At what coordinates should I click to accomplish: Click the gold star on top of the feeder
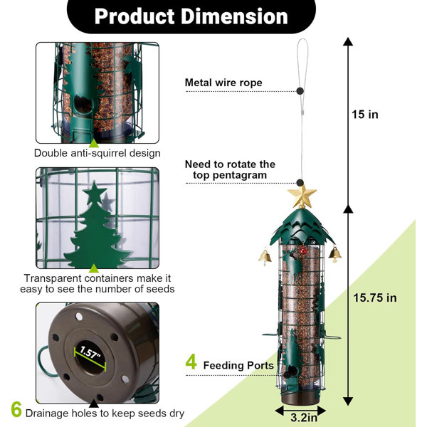[x=302, y=196]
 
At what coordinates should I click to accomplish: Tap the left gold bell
[x=265, y=257]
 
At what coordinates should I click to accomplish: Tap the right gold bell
[x=335, y=254]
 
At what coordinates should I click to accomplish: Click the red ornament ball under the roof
[x=303, y=251]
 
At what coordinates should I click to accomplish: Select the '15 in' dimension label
[x=365, y=115]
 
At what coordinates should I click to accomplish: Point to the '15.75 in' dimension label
[x=375, y=297]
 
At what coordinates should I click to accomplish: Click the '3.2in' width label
[x=304, y=418]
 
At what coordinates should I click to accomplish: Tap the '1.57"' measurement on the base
[x=90, y=353]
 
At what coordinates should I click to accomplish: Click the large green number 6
[x=16, y=409]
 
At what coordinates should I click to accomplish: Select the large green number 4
[x=191, y=362]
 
